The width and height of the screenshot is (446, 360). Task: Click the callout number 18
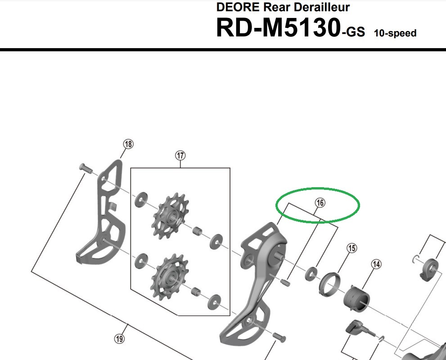point(129,144)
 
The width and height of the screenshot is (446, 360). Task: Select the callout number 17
point(180,156)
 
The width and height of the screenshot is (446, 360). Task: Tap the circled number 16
point(320,203)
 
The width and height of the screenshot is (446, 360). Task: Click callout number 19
point(119,338)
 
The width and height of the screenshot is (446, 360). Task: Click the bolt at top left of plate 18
point(84,168)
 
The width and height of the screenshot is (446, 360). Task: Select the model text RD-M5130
point(278,28)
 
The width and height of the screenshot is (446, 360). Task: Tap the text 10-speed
point(395,33)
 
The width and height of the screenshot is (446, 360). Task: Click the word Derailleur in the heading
point(321,7)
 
